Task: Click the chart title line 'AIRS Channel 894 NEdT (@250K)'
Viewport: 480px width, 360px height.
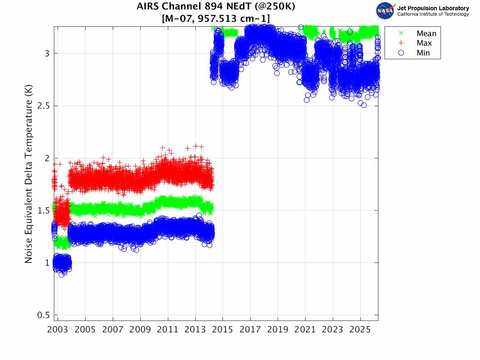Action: pos(216,6)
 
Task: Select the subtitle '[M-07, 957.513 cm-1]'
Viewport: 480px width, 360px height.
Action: pos(216,19)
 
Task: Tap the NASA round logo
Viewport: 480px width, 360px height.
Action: pos(385,11)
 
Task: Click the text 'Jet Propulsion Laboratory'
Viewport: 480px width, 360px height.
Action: pos(433,8)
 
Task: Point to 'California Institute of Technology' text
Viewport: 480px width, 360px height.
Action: pos(433,14)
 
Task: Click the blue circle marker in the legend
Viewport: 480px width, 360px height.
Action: pos(401,53)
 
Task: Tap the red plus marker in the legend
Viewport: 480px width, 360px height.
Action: pos(401,43)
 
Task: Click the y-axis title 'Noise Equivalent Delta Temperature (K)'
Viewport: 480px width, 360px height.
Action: pos(28,174)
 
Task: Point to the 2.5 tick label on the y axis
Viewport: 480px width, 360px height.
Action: pos(43,106)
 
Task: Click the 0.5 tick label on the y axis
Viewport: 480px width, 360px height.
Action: pos(43,315)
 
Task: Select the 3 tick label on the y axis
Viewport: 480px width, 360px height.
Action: pos(47,53)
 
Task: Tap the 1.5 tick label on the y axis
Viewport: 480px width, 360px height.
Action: pos(43,211)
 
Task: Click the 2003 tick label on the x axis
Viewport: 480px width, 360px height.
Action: pos(58,330)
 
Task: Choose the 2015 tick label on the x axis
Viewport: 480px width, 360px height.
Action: pos(223,330)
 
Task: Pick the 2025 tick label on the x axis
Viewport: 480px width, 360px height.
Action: pos(360,330)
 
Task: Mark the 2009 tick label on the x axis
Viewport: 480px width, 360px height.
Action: pos(140,330)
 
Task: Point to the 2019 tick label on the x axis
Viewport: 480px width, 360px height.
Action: pos(278,330)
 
